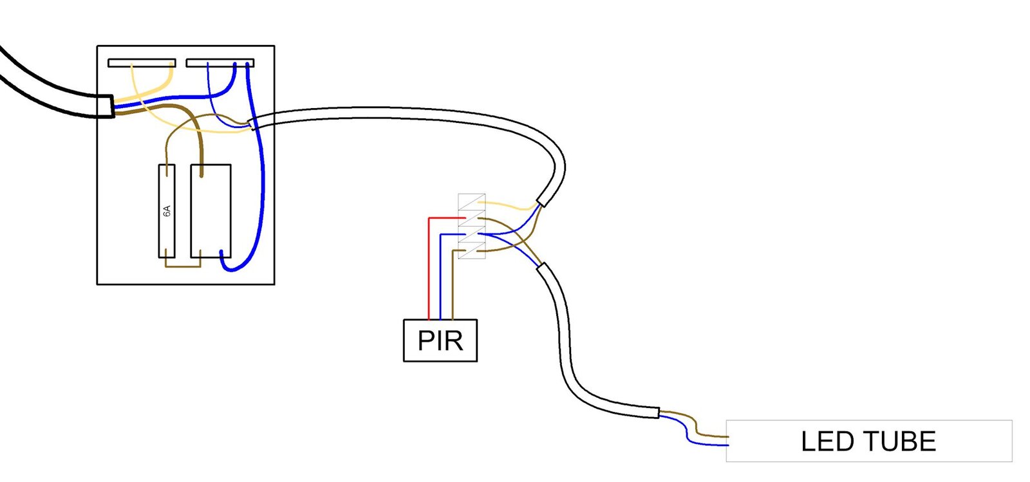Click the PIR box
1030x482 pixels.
pos(440,340)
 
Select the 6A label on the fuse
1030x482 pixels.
pos(167,211)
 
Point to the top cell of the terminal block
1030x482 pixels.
pos(472,202)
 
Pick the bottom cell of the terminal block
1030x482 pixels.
pos(472,251)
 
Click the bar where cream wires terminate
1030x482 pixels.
pos(142,63)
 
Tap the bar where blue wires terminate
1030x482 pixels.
pos(220,63)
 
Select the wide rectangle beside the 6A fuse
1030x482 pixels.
pos(211,211)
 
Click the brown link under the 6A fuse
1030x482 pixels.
pos(183,262)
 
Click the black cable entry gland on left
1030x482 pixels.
pos(106,106)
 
